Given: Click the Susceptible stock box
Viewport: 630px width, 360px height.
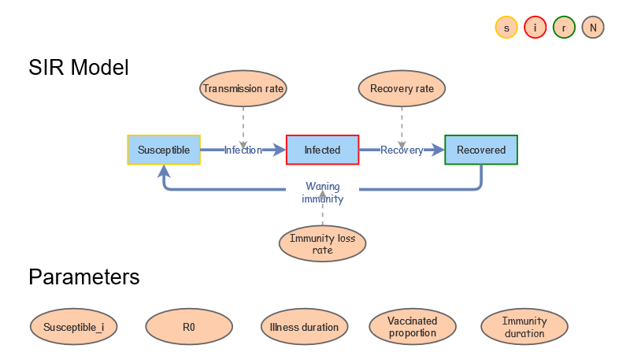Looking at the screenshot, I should [x=164, y=150].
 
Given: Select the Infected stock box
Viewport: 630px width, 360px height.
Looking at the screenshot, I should [x=322, y=150].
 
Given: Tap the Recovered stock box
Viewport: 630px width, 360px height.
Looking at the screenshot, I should [x=481, y=150].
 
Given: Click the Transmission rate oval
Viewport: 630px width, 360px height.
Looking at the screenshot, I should [x=243, y=89].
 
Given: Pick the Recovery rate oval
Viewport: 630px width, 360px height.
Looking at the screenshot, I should [x=402, y=89].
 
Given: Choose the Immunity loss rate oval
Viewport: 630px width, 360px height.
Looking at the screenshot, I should [x=322, y=244].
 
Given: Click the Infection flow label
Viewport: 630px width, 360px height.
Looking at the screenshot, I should [x=243, y=150].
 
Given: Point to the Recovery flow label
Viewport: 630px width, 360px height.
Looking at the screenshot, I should [x=402, y=150].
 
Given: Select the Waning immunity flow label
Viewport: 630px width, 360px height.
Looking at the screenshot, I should [x=322, y=193].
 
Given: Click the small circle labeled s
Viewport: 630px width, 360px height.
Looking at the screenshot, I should [x=506, y=28].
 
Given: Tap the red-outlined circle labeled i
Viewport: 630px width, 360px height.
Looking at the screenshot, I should [x=535, y=28].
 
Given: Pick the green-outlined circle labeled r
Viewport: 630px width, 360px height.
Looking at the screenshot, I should [x=564, y=28].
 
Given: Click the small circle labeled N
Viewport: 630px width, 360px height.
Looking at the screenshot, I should [x=593, y=28].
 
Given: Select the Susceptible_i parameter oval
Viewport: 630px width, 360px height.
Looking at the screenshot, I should [x=74, y=327].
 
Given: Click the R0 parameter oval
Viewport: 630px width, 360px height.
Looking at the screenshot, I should [x=189, y=327].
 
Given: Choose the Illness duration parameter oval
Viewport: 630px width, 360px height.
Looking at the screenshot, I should [x=304, y=327].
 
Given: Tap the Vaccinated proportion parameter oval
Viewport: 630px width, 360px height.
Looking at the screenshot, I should [x=412, y=327].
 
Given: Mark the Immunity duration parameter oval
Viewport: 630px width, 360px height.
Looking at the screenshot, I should [x=524, y=327].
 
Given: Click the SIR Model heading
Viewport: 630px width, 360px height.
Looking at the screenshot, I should [x=79, y=68].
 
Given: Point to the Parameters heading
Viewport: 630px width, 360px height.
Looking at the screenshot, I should [x=84, y=277].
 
